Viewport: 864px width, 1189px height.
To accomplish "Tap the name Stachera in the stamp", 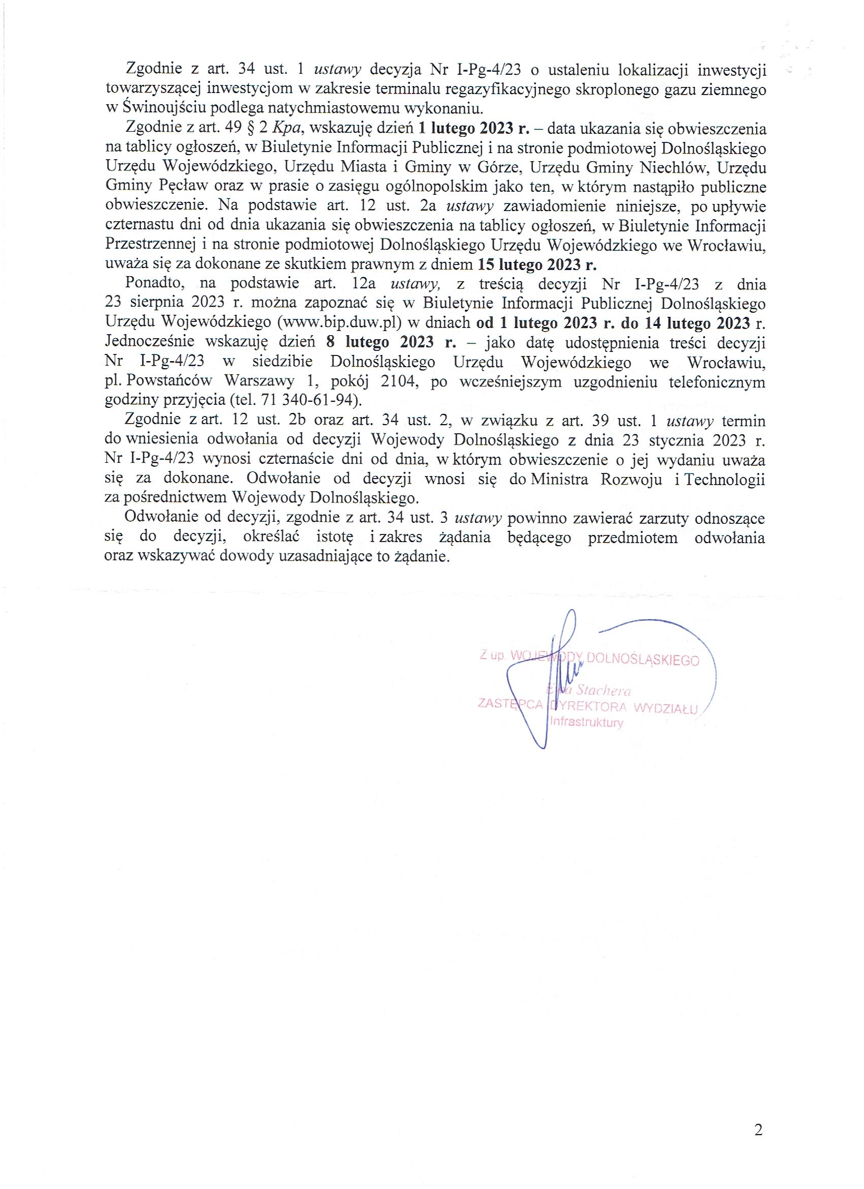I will point(603,691).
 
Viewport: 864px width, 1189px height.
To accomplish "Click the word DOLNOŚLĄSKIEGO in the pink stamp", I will point(643,660).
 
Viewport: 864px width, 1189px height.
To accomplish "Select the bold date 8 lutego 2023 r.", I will point(391,342).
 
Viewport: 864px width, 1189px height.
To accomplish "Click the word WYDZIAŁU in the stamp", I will point(666,709).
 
